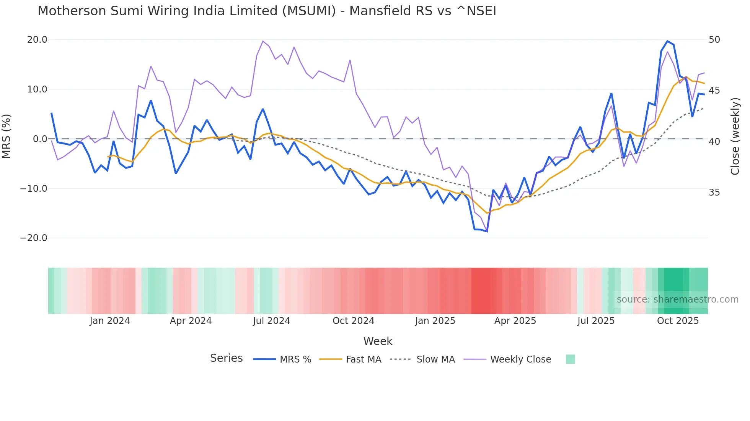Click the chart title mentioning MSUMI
tap(267, 11)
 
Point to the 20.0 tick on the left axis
tap(37, 40)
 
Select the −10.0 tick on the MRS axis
tap(34, 188)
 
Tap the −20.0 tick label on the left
tap(34, 238)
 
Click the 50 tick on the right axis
tap(714, 40)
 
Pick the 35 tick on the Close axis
tap(714, 192)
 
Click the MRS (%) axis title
tap(7, 136)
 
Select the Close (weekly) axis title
tap(735, 136)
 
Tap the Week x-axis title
tap(378, 341)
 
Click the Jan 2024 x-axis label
tap(110, 321)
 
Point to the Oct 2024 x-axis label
tap(353, 321)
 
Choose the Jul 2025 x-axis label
tap(596, 321)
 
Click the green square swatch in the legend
tap(570, 359)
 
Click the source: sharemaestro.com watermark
tap(677, 300)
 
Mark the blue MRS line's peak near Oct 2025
tap(667, 41)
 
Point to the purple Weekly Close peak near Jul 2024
tap(263, 41)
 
